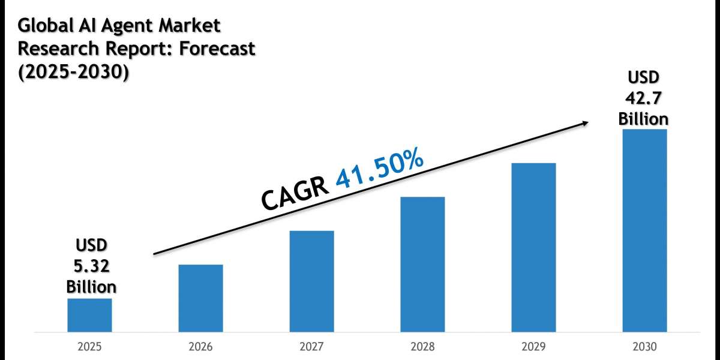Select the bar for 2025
(89, 315)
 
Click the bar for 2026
(200, 298)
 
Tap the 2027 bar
(311, 281)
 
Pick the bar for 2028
(422, 264)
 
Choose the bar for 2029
(533, 247)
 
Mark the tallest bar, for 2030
(644, 230)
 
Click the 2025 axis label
(89, 347)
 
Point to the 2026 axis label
(200, 347)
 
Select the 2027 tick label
(311, 347)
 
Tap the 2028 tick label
(422, 347)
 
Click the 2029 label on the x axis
(533, 347)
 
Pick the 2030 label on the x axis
(644, 347)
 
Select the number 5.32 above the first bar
(91, 265)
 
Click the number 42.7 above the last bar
(644, 98)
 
